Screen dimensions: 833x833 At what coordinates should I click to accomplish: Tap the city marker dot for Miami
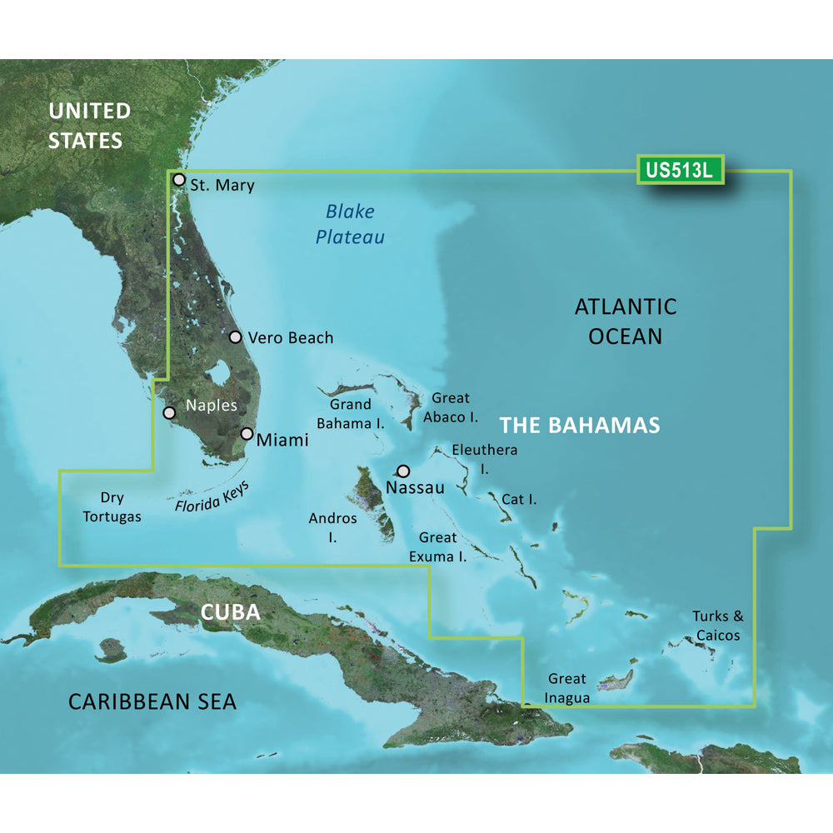tap(247, 433)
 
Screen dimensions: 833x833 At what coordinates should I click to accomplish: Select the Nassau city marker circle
tap(404, 471)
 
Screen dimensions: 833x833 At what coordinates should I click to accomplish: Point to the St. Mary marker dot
tap(178, 179)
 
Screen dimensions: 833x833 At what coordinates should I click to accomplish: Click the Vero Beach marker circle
tap(235, 337)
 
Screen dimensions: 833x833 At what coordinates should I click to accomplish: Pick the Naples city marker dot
tap(169, 412)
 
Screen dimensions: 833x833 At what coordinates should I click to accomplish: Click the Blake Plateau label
tap(350, 225)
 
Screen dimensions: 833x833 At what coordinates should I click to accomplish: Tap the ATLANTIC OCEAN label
tap(626, 322)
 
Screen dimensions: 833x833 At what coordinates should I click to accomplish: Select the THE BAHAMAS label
tap(580, 426)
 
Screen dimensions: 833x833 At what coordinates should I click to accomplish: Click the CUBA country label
tap(230, 612)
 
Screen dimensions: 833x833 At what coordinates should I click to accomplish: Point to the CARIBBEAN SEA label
tap(152, 701)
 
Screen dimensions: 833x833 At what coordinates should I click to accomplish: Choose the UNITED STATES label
tap(88, 126)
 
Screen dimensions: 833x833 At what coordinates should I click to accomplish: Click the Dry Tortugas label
tap(112, 507)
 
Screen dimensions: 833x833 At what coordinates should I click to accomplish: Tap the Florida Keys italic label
tap(213, 496)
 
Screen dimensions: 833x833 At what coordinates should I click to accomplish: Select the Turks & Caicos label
tap(716, 626)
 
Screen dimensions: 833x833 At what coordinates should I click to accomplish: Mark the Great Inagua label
tap(567, 688)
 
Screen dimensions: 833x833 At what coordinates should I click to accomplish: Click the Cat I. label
tap(518, 500)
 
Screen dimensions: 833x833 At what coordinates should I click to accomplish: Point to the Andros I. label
tap(332, 528)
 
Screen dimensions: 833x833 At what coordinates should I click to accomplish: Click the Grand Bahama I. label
tap(350, 414)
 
